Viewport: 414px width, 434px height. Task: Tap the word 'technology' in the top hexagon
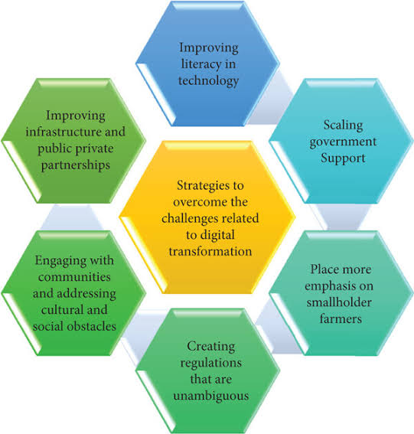click(x=208, y=81)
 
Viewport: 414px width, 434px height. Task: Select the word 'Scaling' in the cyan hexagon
click(x=343, y=126)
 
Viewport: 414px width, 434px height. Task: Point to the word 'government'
click(x=343, y=142)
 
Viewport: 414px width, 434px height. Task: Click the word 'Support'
click(x=343, y=158)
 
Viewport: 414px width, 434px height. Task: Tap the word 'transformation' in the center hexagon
click(x=210, y=252)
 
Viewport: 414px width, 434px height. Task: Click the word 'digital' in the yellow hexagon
click(x=217, y=235)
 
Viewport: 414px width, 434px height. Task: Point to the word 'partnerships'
click(x=76, y=165)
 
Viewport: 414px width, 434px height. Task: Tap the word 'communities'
click(x=74, y=277)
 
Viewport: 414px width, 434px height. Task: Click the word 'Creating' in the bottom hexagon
click(x=211, y=347)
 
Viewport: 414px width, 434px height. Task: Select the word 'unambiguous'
click(x=211, y=396)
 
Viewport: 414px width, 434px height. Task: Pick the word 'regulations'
click(x=211, y=364)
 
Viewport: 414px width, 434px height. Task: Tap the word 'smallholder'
click(x=339, y=302)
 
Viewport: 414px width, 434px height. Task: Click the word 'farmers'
click(x=341, y=319)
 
